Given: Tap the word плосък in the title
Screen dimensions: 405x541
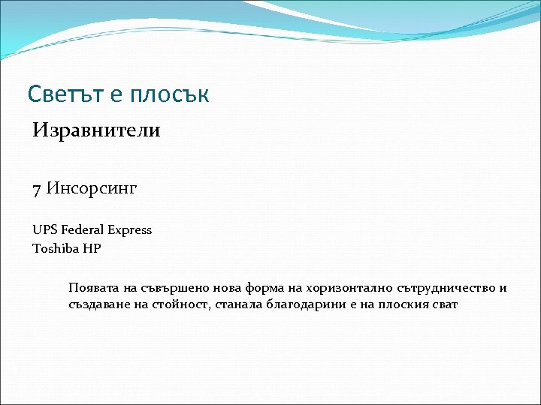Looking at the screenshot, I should point(170,94).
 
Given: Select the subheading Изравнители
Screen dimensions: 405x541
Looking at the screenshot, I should point(96,130).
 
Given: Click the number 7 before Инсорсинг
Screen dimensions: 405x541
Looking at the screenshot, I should point(37,187).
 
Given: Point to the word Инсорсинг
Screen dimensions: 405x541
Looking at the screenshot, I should point(92,187).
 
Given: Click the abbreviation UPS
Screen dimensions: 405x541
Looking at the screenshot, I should point(44,229).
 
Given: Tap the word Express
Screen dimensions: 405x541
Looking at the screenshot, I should point(129,230).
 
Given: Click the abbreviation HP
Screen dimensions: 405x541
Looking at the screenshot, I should point(92,248).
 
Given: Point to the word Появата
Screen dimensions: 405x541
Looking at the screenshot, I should point(92,288).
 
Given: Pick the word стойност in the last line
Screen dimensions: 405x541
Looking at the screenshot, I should point(172,305).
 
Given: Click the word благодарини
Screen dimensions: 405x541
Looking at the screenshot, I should point(301,305).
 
